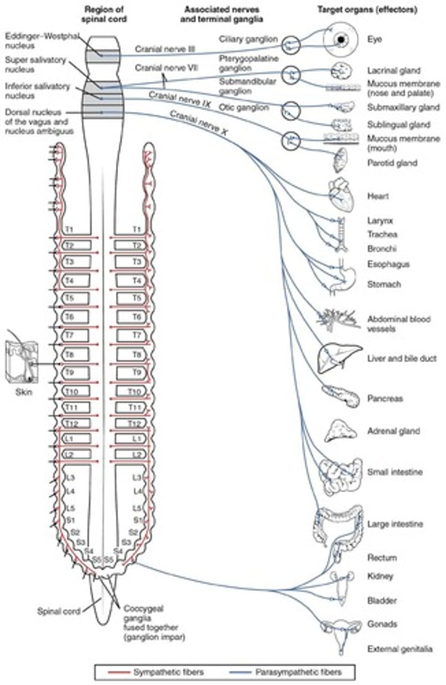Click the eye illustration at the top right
(340, 39)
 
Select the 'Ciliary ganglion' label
(248, 39)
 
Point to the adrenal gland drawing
(340, 430)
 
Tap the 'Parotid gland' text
(392, 163)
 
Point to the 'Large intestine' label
(395, 523)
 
